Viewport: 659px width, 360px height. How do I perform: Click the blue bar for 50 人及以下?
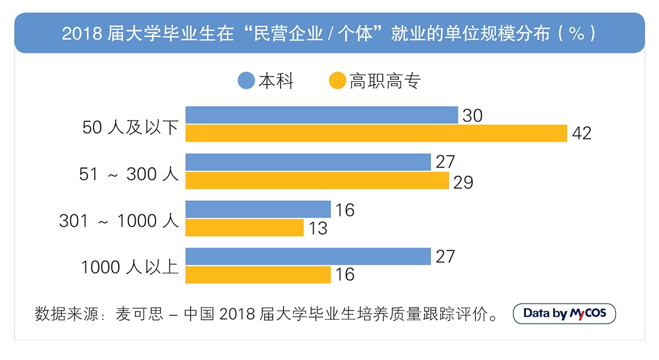321,115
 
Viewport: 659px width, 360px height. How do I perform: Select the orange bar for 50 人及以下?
376,134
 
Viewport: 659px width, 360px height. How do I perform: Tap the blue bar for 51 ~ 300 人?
308,162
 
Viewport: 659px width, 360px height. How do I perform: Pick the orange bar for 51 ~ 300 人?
317,181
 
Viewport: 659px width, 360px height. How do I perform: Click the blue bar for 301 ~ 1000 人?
258,209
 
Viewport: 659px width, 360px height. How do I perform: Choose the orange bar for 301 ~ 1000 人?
244,228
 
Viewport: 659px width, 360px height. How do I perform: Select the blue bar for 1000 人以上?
308,256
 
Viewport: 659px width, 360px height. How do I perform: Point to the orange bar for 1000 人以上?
258,275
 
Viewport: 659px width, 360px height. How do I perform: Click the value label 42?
581,134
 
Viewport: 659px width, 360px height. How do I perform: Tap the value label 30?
472,116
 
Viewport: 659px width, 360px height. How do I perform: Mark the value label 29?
463,181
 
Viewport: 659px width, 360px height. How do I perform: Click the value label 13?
318,228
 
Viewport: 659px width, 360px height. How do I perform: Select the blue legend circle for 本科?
246,81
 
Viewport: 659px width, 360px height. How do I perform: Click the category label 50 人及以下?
130,128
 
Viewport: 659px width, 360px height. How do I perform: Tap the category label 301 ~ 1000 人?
119,221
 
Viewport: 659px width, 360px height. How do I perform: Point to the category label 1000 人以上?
129,267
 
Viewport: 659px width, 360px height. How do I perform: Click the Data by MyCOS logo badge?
564,314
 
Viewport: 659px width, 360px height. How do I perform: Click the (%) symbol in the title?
576,33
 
